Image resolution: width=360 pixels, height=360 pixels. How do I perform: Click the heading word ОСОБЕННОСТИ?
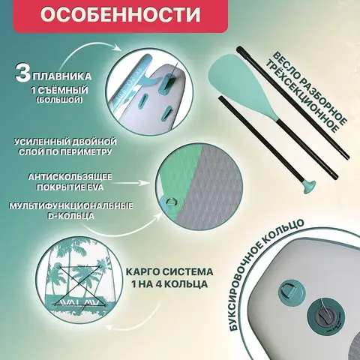tap(120, 14)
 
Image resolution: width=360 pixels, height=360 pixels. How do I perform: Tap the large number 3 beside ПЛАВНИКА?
tap(23, 73)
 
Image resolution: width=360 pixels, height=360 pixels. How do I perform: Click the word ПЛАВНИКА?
tap(62, 76)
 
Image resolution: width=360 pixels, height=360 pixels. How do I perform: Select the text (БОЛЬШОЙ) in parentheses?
tap(59, 100)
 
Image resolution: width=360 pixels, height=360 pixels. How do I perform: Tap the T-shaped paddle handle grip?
tap(309, 187)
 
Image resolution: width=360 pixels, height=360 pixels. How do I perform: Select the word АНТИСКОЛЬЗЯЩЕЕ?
tap(70, 177)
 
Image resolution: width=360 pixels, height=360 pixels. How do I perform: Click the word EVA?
tap(94, 187)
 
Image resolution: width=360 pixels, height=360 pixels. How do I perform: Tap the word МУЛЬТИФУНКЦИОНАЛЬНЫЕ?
tap(71, 206)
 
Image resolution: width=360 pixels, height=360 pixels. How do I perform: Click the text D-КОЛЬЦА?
tap(70, 216)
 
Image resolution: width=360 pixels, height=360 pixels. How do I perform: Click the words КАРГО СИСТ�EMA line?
tap(169, 271)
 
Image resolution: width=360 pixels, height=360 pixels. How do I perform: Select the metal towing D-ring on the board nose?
tap(292, 291)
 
